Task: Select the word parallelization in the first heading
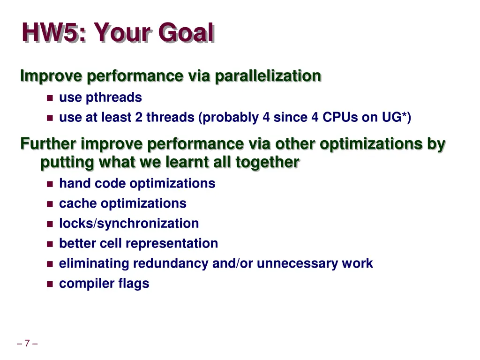268,76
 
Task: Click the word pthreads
113,97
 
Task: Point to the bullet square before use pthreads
50,98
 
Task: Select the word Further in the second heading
48,144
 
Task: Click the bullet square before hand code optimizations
50,184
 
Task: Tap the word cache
78,203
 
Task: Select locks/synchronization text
129,224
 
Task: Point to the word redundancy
171,263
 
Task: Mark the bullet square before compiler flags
50,284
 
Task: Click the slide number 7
27,344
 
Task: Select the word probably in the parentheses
229,118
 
